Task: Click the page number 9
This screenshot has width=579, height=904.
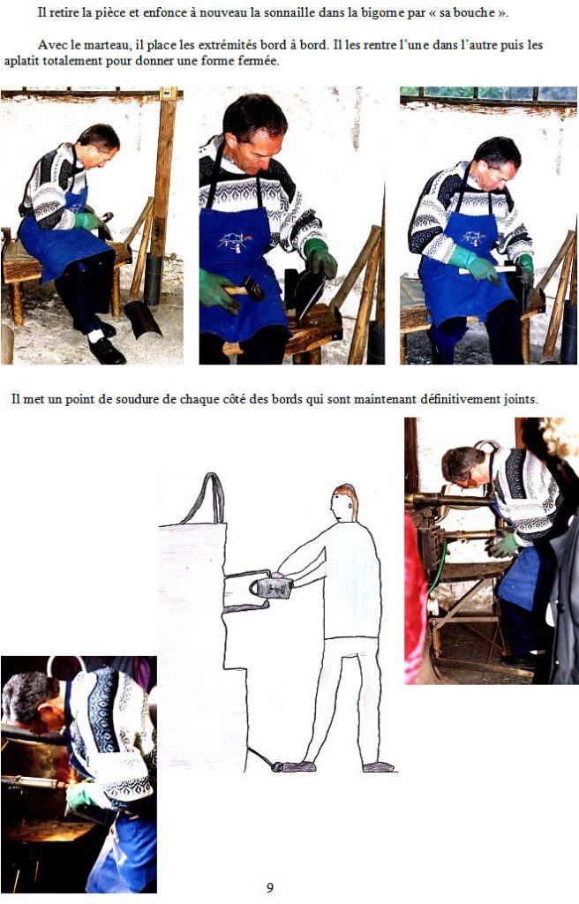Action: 270,886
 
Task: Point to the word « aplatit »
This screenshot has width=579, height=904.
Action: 22,61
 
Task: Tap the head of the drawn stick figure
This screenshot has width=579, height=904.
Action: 344,502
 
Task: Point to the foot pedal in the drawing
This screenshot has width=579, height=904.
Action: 293,766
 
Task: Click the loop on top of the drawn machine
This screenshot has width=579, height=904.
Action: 204,499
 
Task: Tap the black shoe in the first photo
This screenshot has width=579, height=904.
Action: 106,351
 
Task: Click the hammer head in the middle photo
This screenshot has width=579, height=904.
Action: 254,288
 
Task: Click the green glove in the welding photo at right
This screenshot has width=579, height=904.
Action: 502,545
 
